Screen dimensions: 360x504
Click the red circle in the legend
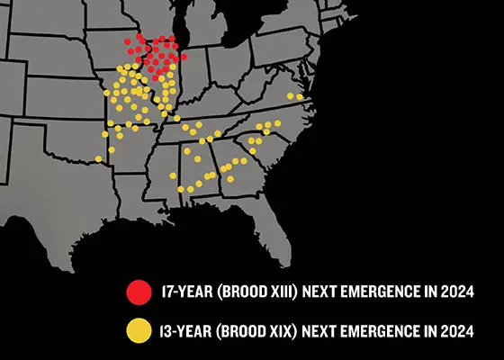tap(139, 292)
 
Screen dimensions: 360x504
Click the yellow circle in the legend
tap(139, 330)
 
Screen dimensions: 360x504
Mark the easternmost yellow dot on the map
tap(300, 97)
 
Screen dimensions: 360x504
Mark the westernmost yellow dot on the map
tap(98, 159)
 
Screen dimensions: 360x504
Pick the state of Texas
tap(54, 198)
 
